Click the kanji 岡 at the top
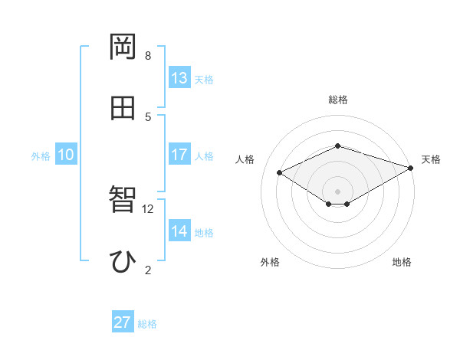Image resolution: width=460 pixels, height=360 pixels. click(x=123, y=47)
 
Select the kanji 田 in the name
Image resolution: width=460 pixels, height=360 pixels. click(x=123, y=108)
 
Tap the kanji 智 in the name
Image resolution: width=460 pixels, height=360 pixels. click(x=123, y=201)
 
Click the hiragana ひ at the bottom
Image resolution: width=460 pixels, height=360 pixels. click(x=123, y=261)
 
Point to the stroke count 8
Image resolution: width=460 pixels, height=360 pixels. click(x=148, y=55)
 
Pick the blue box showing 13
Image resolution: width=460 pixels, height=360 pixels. click(x=179, y=78)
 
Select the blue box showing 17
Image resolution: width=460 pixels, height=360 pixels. click(x=179, y=155)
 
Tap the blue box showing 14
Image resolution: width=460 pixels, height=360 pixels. click(x=179, y=231)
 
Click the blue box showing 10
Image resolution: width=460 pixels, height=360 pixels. click(x=66, y=155)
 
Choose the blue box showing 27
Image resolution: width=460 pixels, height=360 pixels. click(x=123, y=322)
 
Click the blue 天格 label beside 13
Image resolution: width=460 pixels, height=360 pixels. click(x=204, y=80)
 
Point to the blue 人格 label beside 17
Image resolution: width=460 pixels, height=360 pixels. click(x=204, y=156)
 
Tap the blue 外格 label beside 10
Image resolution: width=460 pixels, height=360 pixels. click(x=41, y=156)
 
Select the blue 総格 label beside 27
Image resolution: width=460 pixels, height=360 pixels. click(x=147, y=324)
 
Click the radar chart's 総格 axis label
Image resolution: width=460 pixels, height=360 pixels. click(x=338, y=100)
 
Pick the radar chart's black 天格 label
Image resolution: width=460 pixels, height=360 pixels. click(x=431, y=159)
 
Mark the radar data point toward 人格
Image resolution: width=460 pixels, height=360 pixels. click(x=280, y=172)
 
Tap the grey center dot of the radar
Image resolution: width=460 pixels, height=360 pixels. click(x=338, y=190)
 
